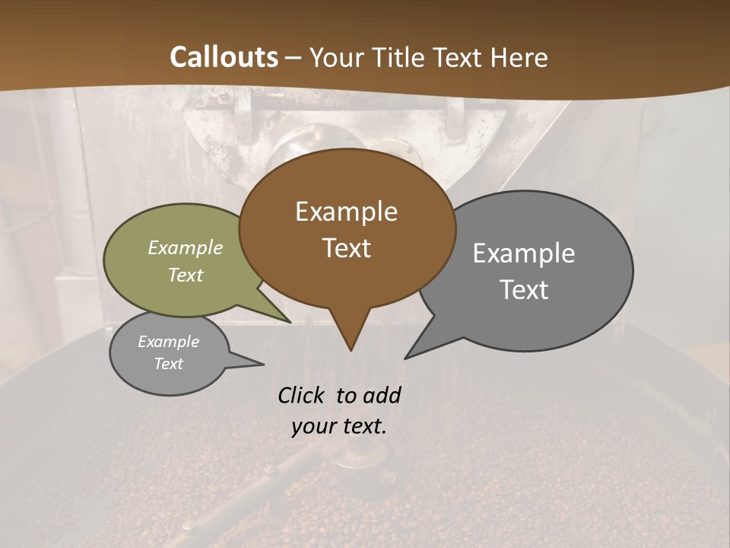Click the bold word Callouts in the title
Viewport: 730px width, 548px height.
(224, 57)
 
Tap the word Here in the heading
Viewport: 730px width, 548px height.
(520, 57)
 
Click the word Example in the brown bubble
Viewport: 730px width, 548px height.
(347, 212)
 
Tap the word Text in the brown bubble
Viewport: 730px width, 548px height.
(347, 248)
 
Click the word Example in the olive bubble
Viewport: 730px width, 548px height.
(186, 247)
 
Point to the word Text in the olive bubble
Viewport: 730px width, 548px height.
(186, 275)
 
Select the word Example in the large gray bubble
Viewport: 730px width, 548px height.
(524, 253)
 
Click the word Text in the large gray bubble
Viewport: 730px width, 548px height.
(524, 290)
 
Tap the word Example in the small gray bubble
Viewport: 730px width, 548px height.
(169, 342)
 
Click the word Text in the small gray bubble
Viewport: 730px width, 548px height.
(169, 364)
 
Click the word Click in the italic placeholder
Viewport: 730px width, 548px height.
(304, 395)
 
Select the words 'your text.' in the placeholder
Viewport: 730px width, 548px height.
(339, 426)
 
